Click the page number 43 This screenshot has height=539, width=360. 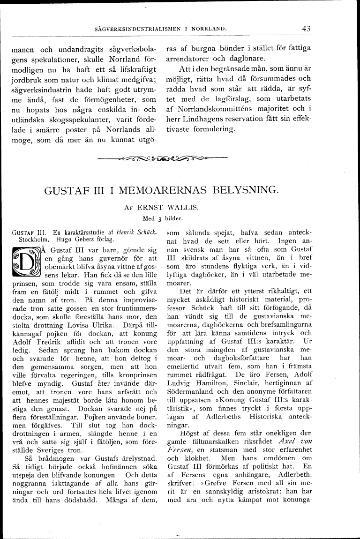click(x=307, y=29)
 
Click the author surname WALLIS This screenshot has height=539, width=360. click(x=194, y=208)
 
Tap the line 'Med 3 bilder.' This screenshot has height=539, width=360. click(x=163, y=218)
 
